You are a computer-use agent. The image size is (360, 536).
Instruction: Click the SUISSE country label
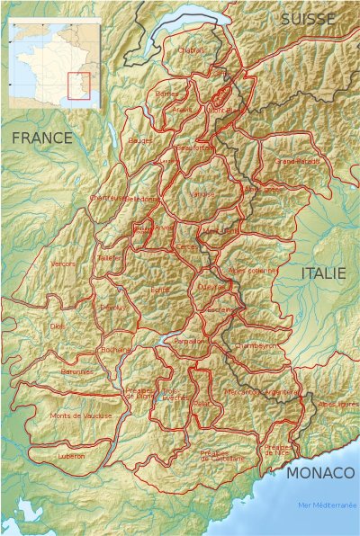click(307, 18)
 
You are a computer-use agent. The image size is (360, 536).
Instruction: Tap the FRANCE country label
click(41, 138)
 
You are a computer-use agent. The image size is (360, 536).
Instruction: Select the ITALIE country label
click(323, 273)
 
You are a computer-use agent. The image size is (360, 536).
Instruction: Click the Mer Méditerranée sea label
click(327, 505)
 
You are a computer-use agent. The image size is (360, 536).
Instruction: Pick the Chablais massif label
click(193, 50)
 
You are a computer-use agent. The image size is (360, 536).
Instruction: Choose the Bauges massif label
click(140, 140)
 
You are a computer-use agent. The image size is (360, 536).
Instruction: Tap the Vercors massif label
click(63, 264)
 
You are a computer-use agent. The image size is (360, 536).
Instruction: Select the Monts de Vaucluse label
click(81, 415)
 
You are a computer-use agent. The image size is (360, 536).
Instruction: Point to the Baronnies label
click(76, 371)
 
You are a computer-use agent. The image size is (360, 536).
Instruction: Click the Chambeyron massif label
click(253, 345)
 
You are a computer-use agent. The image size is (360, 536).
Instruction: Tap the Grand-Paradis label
click(297, 162)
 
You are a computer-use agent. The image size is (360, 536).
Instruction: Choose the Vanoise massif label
click(203, 193)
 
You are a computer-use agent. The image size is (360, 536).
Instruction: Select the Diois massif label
click(58, 326)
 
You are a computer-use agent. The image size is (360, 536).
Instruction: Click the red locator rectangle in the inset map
click(78, 85)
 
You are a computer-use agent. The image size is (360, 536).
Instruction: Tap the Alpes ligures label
click(338, 405)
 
